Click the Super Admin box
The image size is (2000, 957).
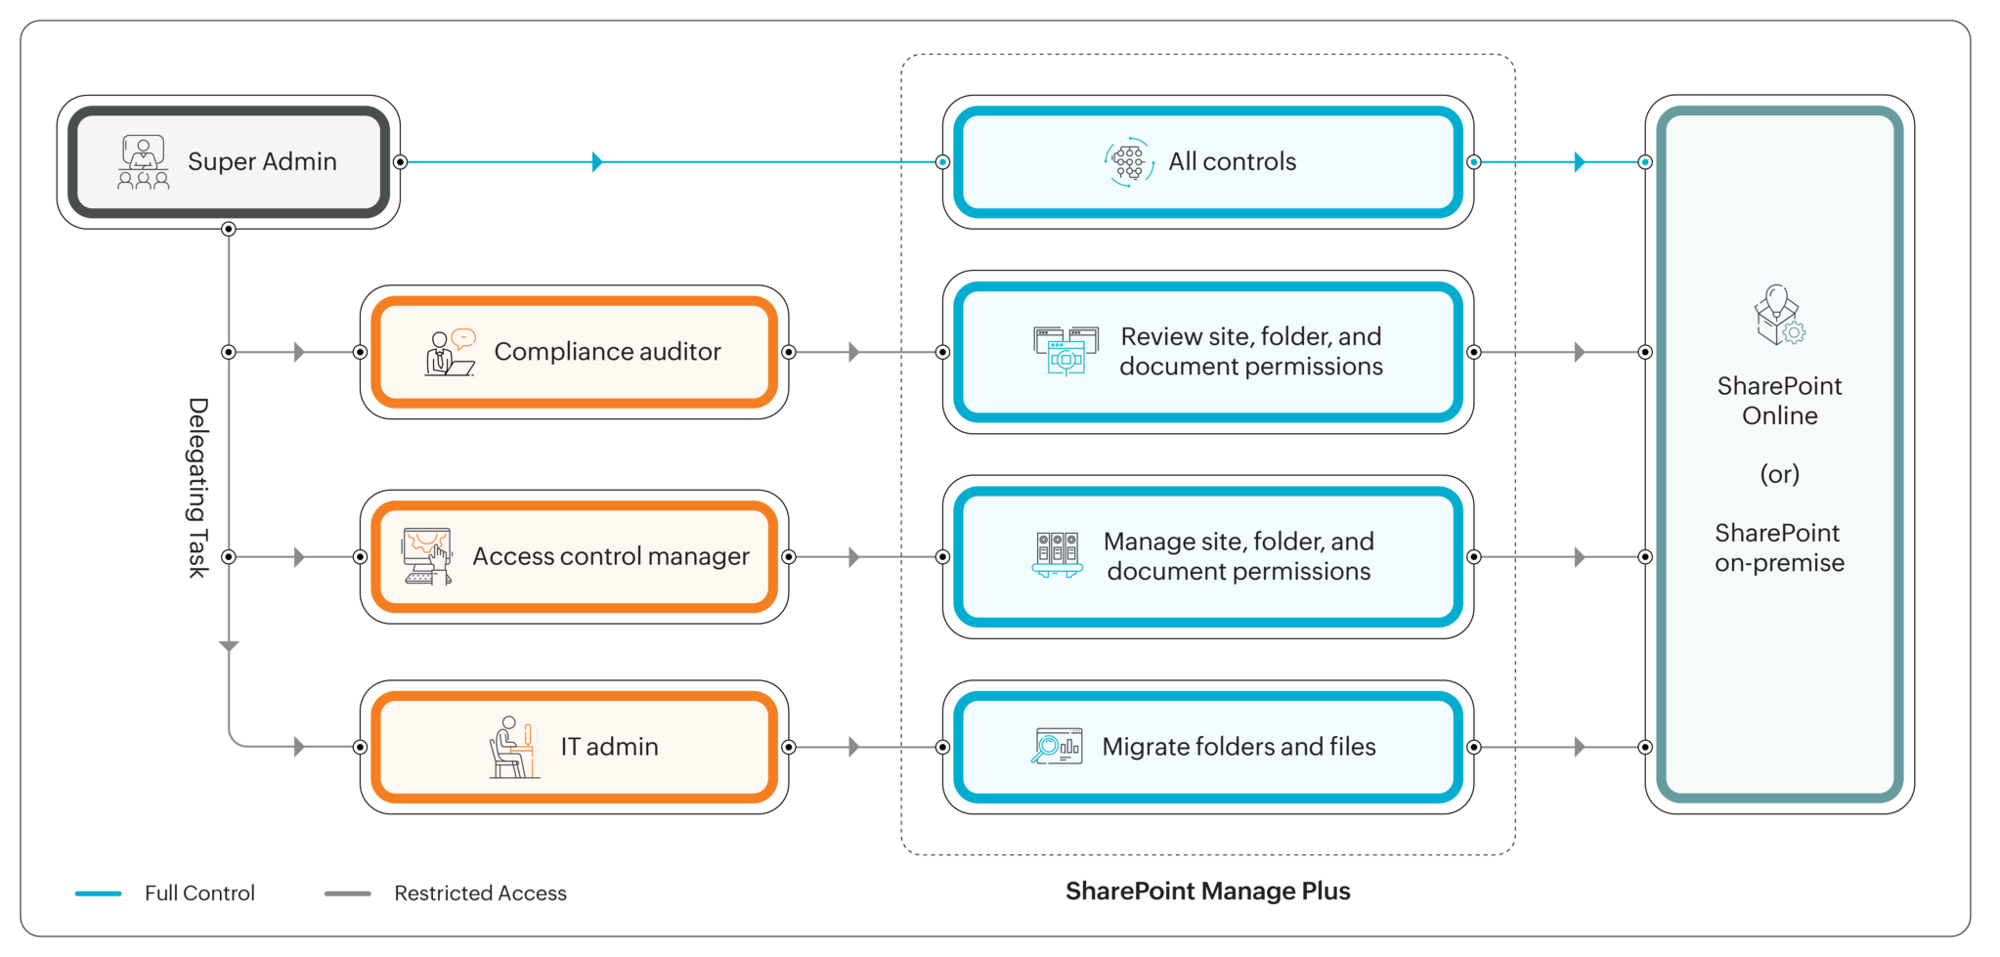229,162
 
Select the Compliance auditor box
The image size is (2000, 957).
575,352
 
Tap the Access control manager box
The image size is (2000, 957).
575,557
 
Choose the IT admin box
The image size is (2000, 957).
575,747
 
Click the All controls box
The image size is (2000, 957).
1208,162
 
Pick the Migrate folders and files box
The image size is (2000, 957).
1208,747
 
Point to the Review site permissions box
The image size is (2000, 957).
1208,352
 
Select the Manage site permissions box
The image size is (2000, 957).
1208,557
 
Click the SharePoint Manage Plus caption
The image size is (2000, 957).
1208,892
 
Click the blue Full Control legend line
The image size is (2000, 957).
99,893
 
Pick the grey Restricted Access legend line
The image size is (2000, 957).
348,893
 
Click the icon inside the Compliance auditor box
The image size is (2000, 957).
449,353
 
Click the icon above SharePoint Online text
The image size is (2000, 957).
1778,315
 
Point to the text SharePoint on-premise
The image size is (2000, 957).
1779,547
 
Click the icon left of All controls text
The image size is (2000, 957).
1128,162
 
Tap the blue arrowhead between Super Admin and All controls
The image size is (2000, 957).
596,162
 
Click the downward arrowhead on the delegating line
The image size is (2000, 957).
229,646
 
